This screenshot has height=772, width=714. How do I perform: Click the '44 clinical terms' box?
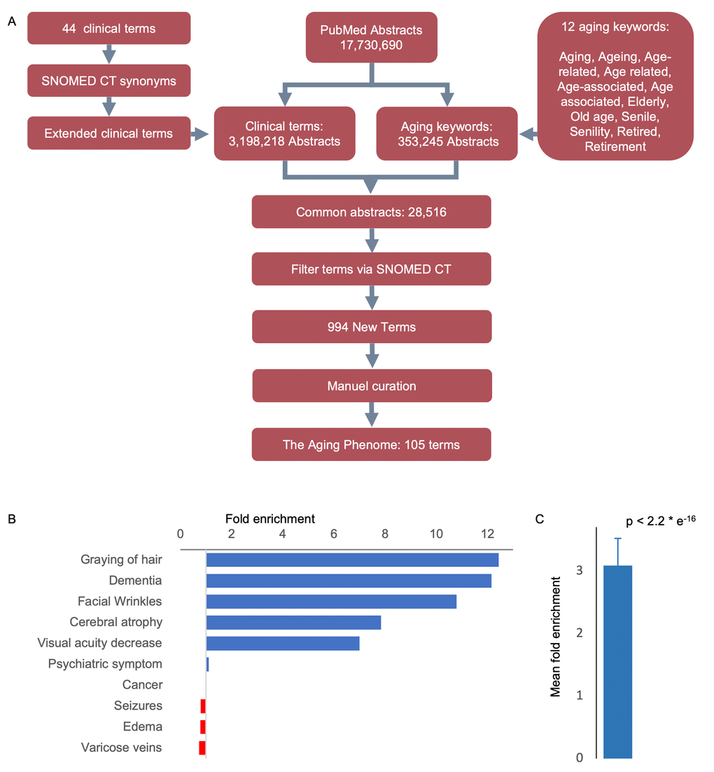click(x=108, y=29)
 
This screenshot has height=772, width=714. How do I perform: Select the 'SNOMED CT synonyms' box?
click(x=108, y=81)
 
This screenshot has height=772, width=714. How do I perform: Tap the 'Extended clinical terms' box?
click(x=108, y=133)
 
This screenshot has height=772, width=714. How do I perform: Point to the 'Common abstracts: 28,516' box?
click(x=371, y=212)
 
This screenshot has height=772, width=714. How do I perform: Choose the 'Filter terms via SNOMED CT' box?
click(x=371, y=268)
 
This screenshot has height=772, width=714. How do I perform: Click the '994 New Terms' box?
click(x=371, y=327)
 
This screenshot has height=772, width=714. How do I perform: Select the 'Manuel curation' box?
click(x=371, y=386)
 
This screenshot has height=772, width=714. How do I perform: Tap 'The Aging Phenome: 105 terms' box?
click(x=371, y=445)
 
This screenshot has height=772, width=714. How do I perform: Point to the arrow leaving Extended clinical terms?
click(x=201, y=133)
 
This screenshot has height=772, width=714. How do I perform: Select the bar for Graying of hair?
click(x=352, y=560)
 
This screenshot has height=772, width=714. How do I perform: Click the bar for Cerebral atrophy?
click(x=293, y=622)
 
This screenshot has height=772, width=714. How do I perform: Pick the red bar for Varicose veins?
click(x=202, y=747)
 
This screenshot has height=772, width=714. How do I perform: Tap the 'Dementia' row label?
click(x=135, y=581)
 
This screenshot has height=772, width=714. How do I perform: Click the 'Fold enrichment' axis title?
click(x=269, y=519)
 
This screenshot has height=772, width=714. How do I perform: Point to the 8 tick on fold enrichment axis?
click(x=385, y=535)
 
